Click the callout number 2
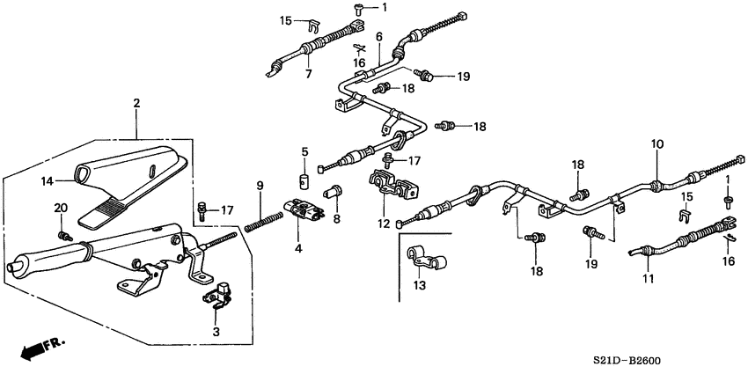coord(136,103)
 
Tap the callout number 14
coord(48,180)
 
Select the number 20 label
coord(61,207)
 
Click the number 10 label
coord(656,143)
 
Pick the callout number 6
coord(378,37)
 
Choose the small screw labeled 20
coord(64,235)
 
